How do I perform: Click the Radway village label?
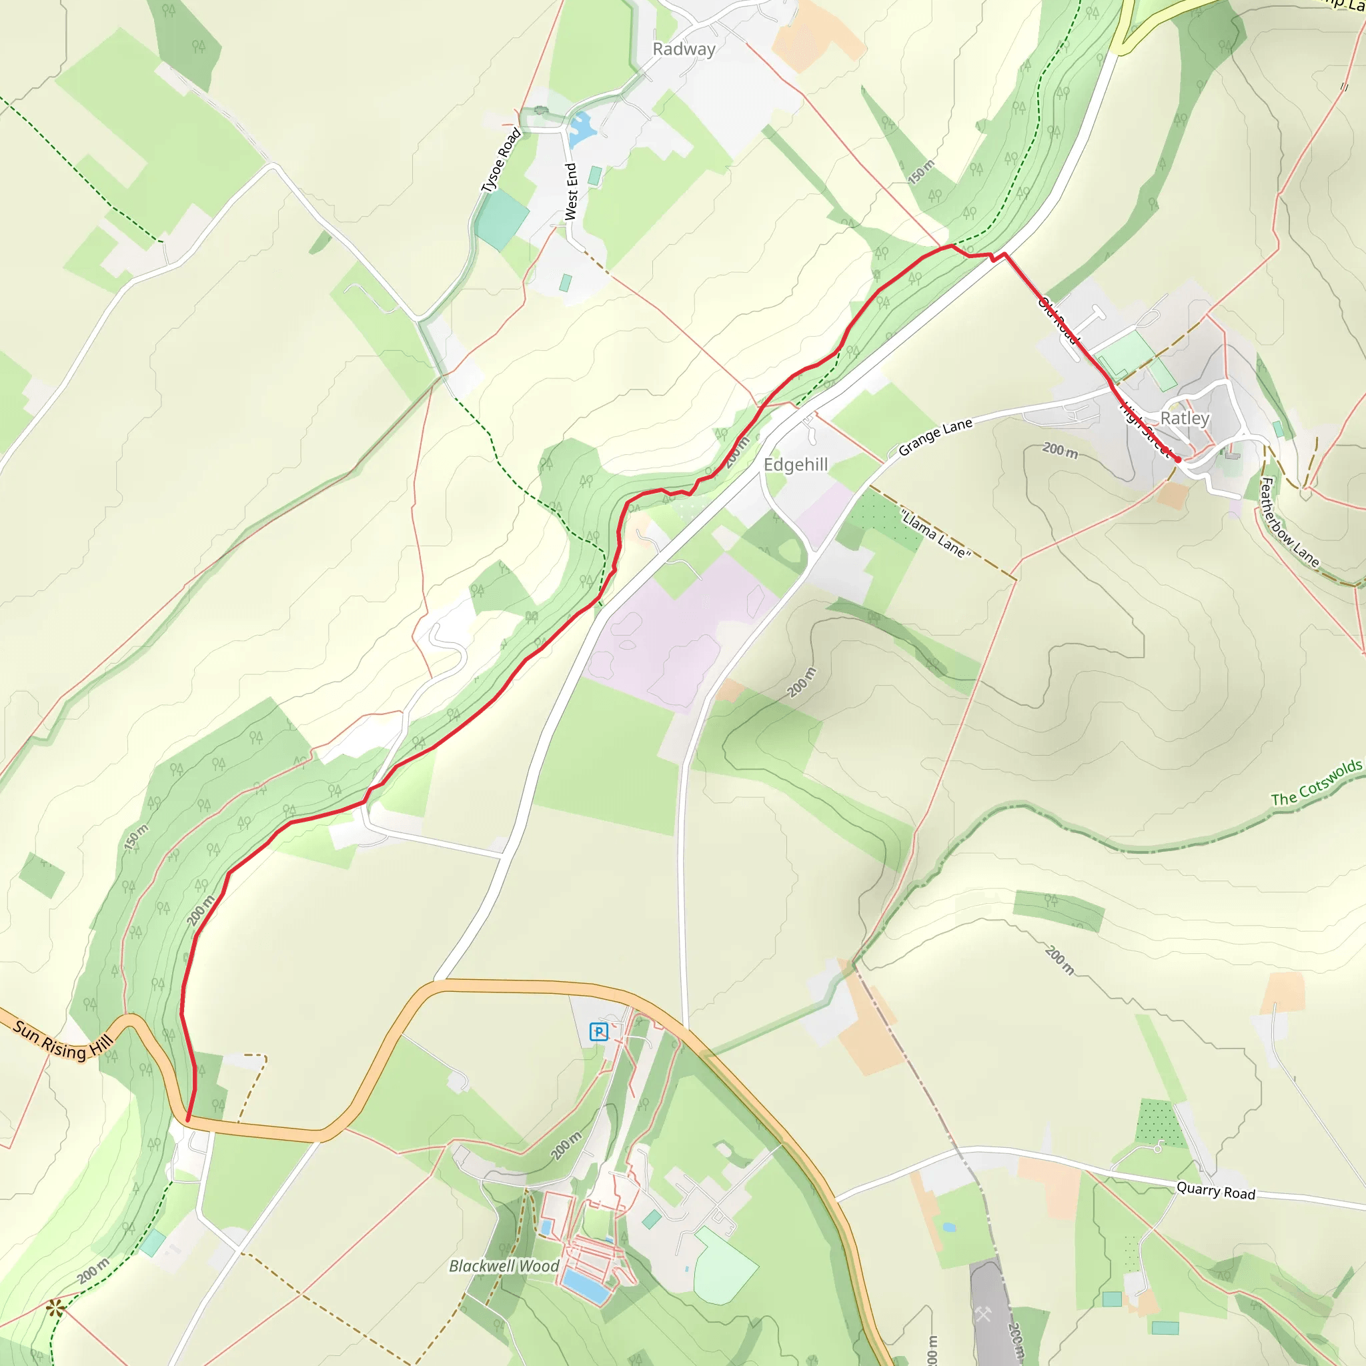(684, 49)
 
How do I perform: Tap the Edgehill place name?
(796, 464)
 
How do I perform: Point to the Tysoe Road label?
(501, 161)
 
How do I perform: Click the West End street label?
(570, 191)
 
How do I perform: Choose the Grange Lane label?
(934, 437)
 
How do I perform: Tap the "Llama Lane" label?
(935, 534)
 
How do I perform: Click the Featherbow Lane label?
(1289, 522)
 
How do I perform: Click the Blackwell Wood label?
(504, 1265)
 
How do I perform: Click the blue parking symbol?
(599, 1033)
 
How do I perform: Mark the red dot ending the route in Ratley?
(1178, 460)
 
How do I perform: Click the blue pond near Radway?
(581, 129)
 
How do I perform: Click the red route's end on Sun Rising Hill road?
(187, 1119)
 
